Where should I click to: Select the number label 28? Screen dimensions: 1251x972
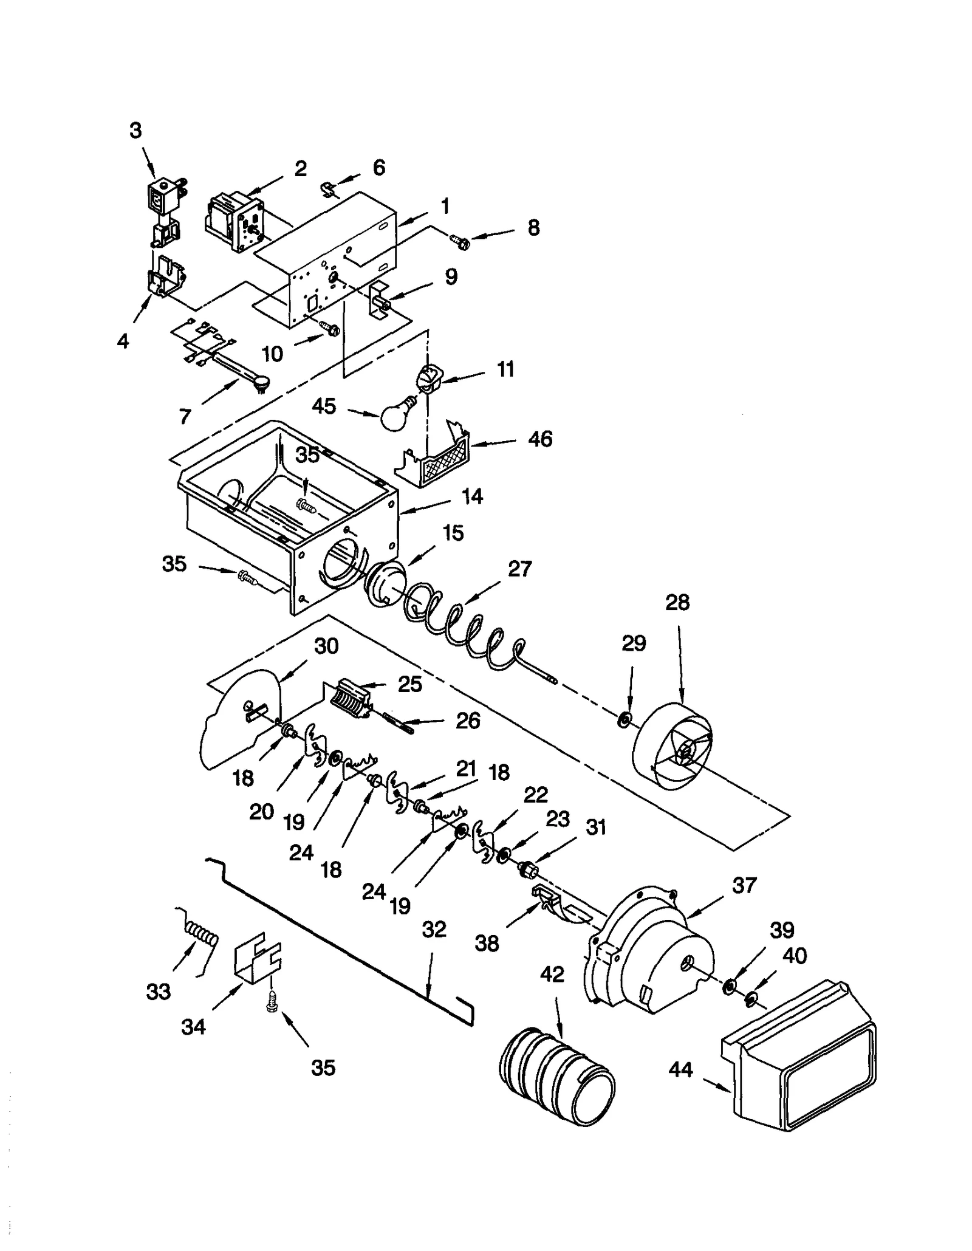point(677,602)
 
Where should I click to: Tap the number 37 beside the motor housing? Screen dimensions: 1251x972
point(744,885)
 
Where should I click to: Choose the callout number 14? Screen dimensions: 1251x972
point(472,496)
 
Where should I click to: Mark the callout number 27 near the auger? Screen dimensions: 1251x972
point(519,569)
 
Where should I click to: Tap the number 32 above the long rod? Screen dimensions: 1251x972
point(434,929)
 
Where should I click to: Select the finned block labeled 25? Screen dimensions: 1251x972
point(351,700)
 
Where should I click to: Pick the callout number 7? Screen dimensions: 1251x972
point(185,416)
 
